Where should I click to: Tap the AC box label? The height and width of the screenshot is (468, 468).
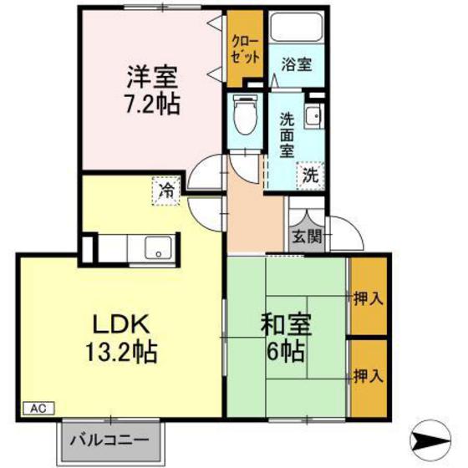pos(37,409)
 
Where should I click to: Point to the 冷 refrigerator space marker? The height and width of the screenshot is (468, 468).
pos(167,191)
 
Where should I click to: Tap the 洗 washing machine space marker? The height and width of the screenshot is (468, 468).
pos(309,176)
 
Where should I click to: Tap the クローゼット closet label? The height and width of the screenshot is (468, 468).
pos(246,48)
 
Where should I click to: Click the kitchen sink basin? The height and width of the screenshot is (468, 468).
pos(158,248)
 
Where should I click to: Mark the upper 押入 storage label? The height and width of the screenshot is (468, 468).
pos(368,298)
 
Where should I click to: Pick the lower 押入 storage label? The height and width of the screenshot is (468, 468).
pos(368,376)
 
